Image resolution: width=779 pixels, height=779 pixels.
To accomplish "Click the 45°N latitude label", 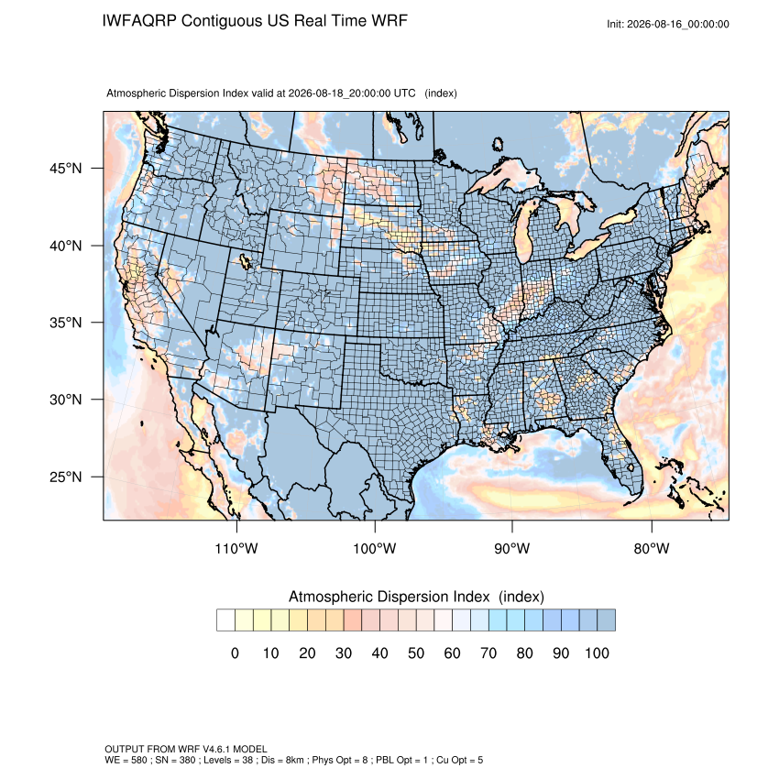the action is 66,169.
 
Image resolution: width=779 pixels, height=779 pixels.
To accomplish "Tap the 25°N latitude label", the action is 66,477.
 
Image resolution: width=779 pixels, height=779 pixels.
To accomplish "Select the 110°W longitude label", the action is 236,548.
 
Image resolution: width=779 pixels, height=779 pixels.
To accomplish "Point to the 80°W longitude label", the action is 652,548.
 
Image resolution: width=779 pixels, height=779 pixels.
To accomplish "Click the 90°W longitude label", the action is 511,548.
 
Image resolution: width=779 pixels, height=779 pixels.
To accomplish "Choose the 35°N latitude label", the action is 66,323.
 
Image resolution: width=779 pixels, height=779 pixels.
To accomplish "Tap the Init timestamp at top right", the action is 668,24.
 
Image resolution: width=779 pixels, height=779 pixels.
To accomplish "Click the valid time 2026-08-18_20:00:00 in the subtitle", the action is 352,93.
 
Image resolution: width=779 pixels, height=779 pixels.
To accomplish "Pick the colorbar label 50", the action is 416,653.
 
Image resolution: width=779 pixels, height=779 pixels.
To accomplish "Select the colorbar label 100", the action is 597,653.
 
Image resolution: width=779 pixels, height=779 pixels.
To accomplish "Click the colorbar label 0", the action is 235,653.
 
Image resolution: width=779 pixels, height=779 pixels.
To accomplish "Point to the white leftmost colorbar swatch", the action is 225,620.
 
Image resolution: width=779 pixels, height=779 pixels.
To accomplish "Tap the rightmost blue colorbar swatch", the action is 606,620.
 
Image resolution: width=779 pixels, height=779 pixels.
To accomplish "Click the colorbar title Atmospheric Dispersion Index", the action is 389,597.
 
